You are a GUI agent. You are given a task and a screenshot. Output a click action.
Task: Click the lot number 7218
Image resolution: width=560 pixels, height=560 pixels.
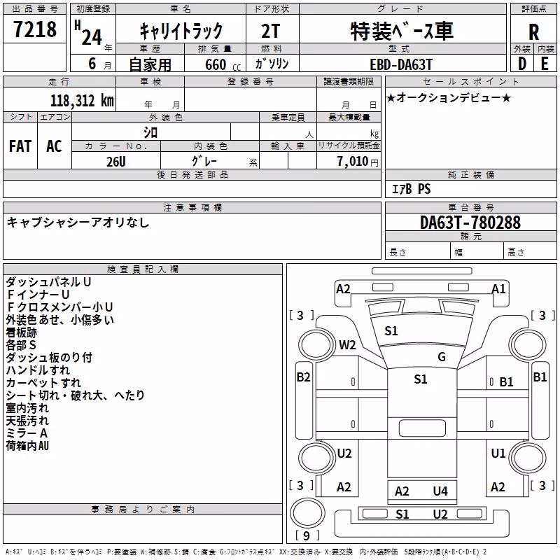(x=34, y=29)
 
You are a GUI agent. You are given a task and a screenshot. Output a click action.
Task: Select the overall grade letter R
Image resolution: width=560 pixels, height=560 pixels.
(x=533, y=32)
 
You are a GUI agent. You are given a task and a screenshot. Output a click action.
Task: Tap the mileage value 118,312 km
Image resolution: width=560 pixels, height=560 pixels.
(x=82, y=100)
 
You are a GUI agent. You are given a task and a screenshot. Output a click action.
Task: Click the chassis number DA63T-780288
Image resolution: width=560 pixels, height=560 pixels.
(x=470, y=223)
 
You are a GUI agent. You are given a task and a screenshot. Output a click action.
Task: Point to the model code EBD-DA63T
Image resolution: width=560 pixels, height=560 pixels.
(x=400, y=64)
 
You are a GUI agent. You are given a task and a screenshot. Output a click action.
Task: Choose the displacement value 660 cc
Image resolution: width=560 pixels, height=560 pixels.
(x=223, y=64)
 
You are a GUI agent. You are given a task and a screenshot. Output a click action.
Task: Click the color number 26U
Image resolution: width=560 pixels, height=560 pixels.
(x=116, y=162)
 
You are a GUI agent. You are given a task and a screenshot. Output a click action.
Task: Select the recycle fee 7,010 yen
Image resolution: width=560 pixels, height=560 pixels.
(x=358, y=162)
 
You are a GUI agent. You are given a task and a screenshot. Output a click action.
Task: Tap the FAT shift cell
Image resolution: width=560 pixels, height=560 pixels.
(x=20, y=146)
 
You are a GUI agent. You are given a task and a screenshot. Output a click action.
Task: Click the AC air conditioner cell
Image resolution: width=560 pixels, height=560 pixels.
(x=54, y=146)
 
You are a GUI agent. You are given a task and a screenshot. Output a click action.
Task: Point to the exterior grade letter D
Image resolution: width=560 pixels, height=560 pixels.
(x=521, y=64)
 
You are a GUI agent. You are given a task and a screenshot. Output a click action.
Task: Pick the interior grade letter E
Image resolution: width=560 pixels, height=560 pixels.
(x=545, y=64)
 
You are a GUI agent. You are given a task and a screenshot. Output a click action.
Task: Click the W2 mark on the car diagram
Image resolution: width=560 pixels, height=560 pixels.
(x=347, y=345)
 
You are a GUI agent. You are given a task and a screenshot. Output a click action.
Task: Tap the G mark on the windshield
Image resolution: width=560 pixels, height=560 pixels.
(x=442, y=356)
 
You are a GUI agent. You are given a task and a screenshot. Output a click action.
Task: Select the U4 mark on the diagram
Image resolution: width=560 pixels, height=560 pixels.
(x=440, y=491)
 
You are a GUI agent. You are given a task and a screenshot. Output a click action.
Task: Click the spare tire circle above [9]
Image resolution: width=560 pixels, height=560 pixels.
(x=307, y=512)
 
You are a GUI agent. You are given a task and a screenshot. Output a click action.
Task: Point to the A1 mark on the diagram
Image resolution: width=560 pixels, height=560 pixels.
(x=498, y=288)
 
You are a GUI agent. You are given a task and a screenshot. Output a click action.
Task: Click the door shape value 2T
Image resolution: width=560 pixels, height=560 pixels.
(x=270, y=31)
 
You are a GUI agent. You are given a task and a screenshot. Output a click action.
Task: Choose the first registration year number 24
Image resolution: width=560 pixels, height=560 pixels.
(x=92, y=36)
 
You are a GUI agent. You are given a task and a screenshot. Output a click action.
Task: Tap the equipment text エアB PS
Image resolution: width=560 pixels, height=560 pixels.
(x=411, y=189)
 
